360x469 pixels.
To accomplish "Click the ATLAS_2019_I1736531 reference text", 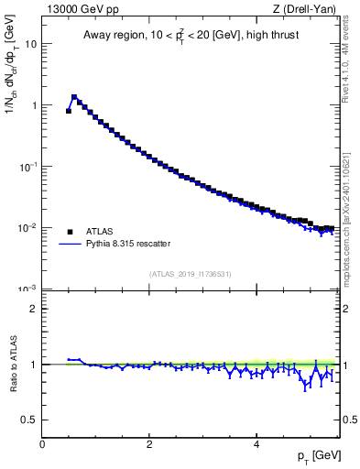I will point(191,274).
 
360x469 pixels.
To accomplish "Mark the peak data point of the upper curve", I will point(74,96).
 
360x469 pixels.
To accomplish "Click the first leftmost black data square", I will point(69,111).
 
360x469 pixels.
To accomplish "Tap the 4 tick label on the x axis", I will point(256,444).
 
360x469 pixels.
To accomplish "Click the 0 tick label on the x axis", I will point(42,444).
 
